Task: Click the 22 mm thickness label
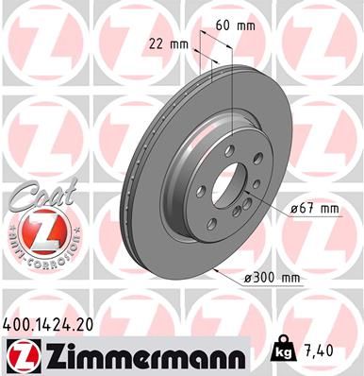pyautogui.click(x=165, y=43)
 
